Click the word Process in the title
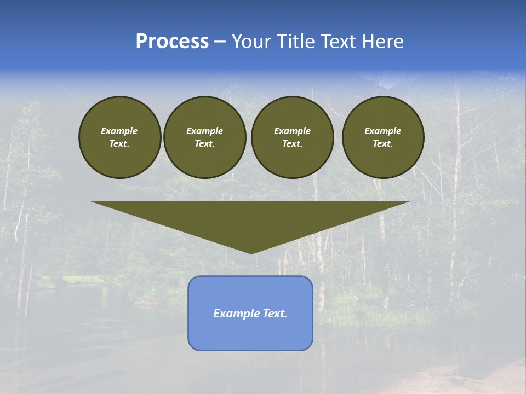pyautogui.click(x=172, y=42)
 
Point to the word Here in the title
pyautogui.click(x=383, y=42)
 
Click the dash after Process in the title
pyautogui.click(x=220, y=43)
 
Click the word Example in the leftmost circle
pyautogui.click(x=119, y=131)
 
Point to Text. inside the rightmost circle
pyautogui.click(x=382, y=144)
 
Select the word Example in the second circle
pyautogui.click(x=204, y=131)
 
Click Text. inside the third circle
pyautogui.click(x=292, y=144)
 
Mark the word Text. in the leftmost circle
pyautogui.click(x=119, y=144)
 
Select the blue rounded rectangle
pyautogui.click(x=250, y=334)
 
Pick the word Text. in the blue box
pyautogui.click(x=275, y=314)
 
